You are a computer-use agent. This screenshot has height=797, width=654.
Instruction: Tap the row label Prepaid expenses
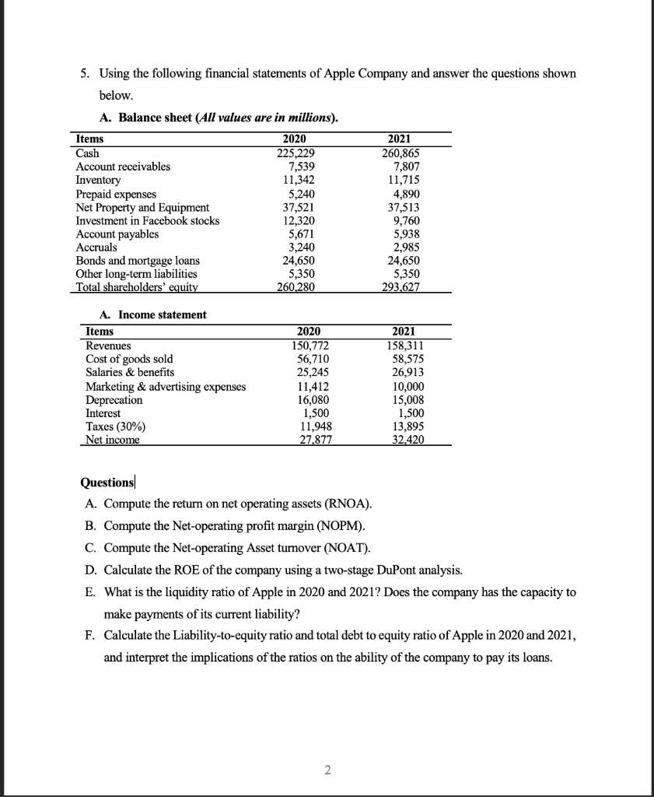[115, 194]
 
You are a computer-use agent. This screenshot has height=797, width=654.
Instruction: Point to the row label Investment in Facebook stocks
[147, 220]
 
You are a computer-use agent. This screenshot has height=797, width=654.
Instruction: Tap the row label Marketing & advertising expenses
[166, 386]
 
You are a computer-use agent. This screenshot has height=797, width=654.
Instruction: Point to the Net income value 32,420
[408, 440]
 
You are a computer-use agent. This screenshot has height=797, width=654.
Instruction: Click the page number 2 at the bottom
[327, 771]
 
